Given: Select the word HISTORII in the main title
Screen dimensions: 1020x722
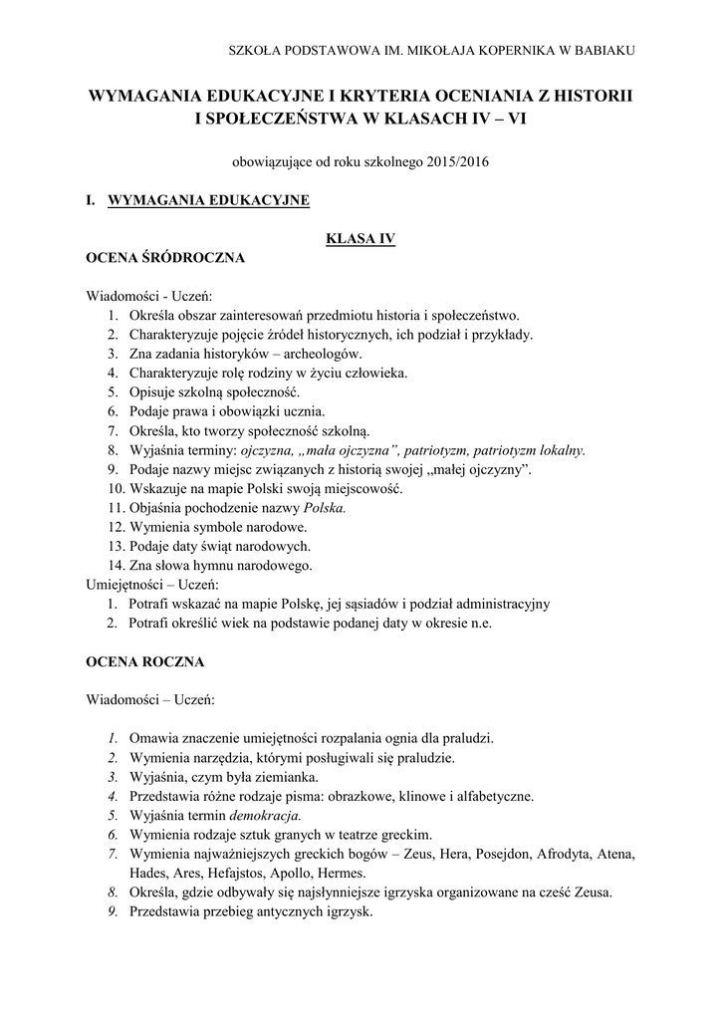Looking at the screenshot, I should pos(588,97).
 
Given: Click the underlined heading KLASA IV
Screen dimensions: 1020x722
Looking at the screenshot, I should pos(361,238).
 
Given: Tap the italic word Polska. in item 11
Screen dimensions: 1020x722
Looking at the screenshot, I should pos(325,507).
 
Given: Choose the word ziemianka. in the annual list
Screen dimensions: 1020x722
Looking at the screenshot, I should pos(283,776).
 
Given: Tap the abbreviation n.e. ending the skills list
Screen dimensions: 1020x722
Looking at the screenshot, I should pos(479,623).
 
